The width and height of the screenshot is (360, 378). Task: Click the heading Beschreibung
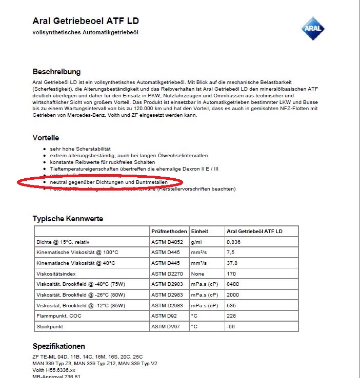click(56, 72)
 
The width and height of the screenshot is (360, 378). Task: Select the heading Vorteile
click(46, 138)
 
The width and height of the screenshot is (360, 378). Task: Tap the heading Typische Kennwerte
click(68, 219)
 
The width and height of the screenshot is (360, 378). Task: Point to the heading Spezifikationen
click(58, 346)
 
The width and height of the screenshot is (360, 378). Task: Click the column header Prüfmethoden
click(169, 232)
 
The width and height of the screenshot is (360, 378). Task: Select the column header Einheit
click(199, 232)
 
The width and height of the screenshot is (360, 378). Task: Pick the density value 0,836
click(234, 242)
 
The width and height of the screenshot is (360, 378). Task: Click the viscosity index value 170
click(232, 274)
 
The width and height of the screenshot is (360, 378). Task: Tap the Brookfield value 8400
click(233, 284)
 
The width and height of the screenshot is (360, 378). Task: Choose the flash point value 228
click(232, 316)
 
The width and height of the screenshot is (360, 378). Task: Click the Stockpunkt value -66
click(231, 326)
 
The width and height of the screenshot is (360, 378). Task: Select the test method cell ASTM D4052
click(167, 242)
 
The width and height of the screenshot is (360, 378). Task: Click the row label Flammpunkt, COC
click(59, 316)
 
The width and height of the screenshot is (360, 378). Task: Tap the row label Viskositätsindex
click(56, 274)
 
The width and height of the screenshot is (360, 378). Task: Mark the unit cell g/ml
click(196, 242)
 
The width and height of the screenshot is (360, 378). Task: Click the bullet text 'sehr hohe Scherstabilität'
click(81, 149)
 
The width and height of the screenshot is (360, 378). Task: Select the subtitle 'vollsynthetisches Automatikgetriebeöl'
click(86, 32)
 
